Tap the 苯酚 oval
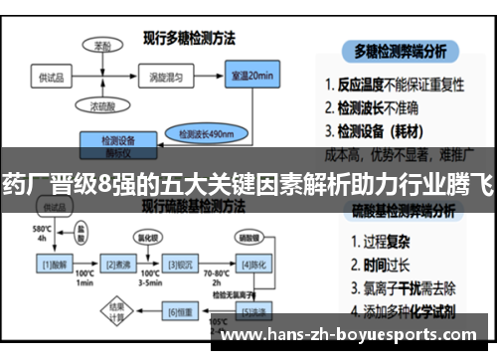[x=102, y=46]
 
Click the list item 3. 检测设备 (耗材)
[x=388, y=130]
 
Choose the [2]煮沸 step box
[x=119, y=265]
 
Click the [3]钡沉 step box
[x=181, y=265]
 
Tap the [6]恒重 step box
[x=181, y=313]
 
